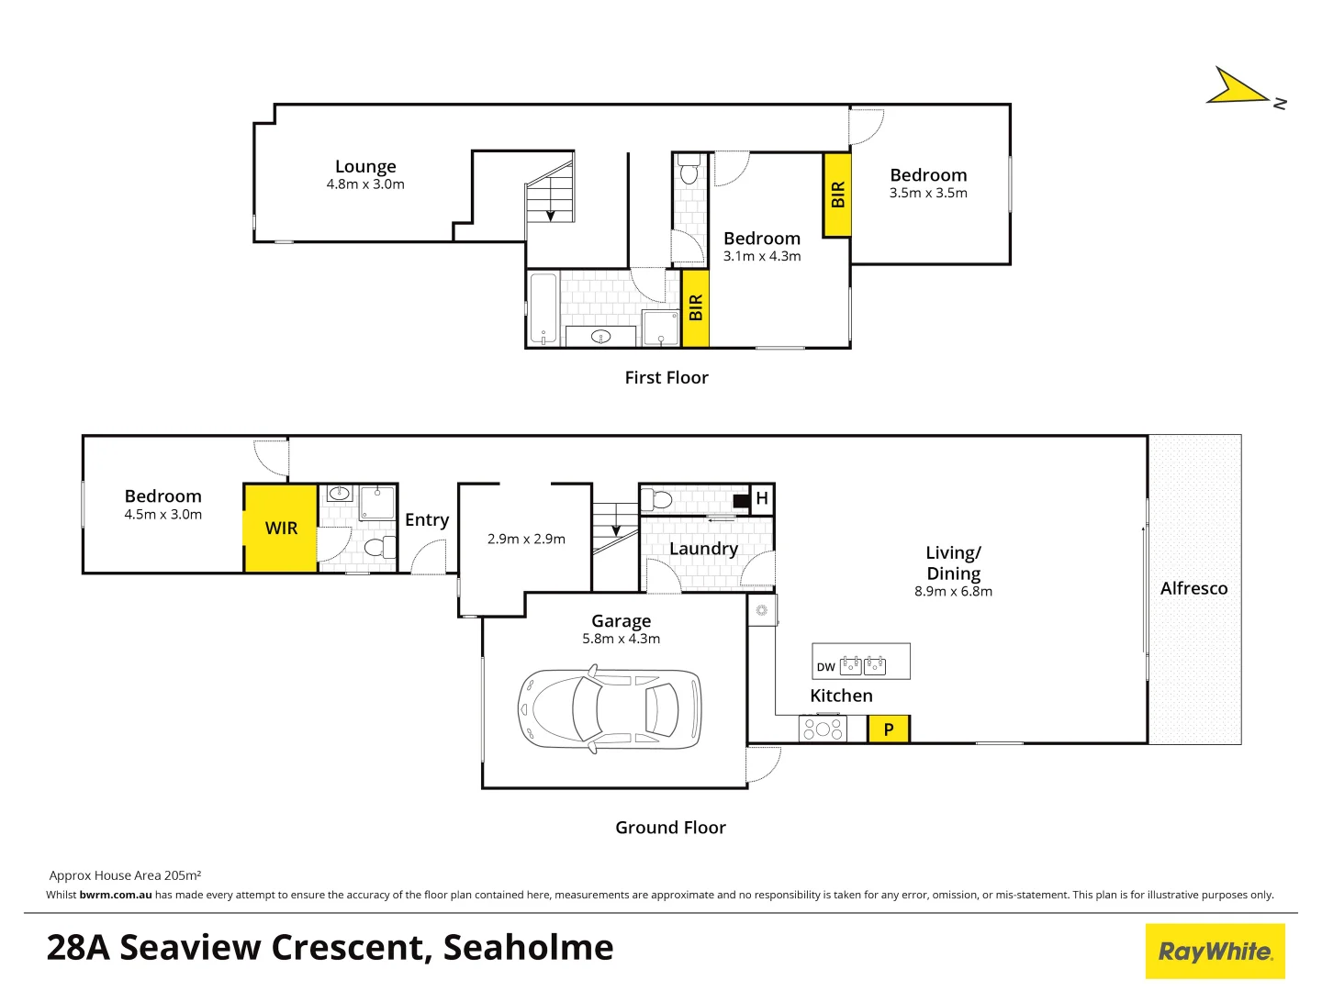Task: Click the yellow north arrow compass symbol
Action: click(1239, 87)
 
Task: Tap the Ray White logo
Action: click(1215, 952)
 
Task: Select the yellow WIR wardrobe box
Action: click(281, 529)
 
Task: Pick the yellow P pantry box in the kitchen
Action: click(889, 729)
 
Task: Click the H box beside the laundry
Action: click(762, 498)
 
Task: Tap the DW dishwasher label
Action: click(825, 667)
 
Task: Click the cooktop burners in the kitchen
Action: click(823, 729)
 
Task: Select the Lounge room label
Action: click(365, 167)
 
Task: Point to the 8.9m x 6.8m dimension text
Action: click(953, 592)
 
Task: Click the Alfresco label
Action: click(1193, 589)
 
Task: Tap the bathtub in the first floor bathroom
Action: click(543, 308)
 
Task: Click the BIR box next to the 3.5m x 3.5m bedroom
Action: click(837, 195)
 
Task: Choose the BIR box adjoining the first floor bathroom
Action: click(695, 308)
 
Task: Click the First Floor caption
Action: click(667, 378)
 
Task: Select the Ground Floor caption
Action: click(670, 828)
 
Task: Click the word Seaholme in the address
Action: click(528, 948)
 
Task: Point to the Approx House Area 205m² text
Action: click(125, 875)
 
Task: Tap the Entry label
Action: click(427, 520)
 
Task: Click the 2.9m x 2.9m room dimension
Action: click(526, 540)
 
